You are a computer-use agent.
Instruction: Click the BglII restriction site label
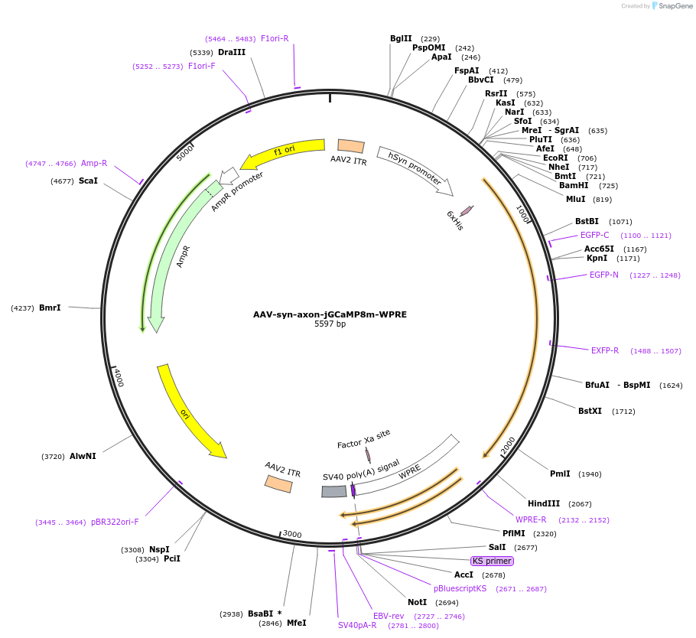[401, 38]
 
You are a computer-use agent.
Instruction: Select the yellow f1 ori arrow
[283, 151]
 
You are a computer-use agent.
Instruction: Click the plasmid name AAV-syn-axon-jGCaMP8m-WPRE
[330, 314]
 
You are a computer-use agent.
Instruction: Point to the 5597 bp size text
[330, 324]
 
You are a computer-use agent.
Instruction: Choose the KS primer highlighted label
[491, 561]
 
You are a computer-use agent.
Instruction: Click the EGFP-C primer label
[594, 235]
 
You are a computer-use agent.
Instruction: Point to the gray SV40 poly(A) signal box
[334, 491]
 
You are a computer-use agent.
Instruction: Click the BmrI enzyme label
[50, 308]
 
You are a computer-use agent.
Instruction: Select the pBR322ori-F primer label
[115, 522]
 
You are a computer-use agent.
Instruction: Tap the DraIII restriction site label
[232, 52]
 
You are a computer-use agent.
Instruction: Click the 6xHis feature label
[454, 220]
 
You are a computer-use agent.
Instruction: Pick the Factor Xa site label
[363, 438]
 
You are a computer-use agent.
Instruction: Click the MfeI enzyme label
[296, 623]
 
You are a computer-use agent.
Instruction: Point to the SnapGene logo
[671, 6]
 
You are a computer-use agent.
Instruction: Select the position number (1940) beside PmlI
[590, 474]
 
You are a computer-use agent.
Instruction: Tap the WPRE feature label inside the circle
[410, 471]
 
